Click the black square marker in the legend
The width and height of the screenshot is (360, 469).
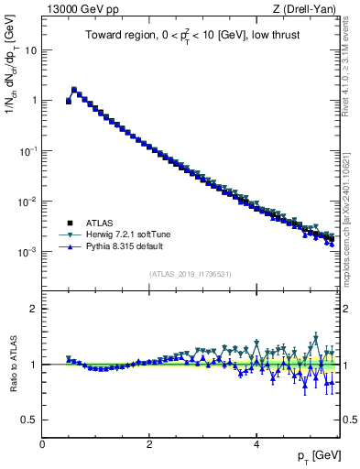click(70, 223)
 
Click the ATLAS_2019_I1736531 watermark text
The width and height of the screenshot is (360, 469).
click(190, 274)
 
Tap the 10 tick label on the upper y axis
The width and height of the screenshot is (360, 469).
click(31, 50)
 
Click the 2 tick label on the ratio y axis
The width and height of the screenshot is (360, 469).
click(34, 309)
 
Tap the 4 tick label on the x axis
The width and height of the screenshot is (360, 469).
click(256, 445)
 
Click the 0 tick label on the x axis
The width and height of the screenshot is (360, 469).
click(42, 445)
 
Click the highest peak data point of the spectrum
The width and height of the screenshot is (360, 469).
click(74, 90)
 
